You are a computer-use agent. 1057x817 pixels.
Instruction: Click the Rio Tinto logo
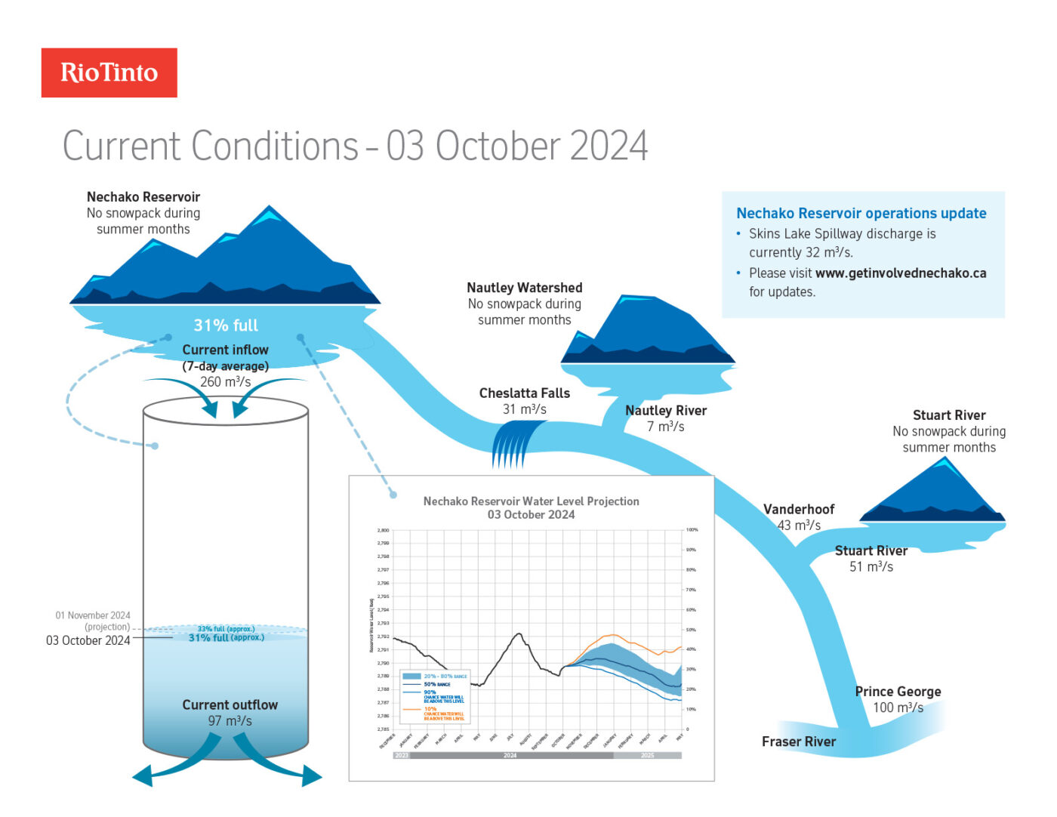(109, 72)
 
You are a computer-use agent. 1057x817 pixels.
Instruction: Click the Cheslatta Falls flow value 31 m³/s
(524, 409)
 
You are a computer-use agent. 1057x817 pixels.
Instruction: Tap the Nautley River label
(666, 411)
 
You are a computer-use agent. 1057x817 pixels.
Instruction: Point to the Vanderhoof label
(799, 510)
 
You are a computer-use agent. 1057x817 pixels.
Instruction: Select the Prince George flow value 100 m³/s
(898, 708)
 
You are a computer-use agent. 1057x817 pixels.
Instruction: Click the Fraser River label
(798, 741)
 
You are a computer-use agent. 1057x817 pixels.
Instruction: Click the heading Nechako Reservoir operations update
(861, 214)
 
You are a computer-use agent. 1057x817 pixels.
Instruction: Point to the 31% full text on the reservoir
(226, 325)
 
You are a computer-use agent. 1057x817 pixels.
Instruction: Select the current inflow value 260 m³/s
(225, 382)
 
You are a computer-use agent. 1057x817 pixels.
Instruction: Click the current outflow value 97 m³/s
(230, 721)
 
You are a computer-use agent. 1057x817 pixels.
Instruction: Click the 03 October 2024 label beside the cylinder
(88, 641)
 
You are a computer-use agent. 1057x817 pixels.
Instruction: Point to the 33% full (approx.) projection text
(226, 628)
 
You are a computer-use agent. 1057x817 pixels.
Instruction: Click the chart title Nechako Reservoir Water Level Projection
(531, 501)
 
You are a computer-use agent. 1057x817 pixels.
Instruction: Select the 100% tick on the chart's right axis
(692, 530)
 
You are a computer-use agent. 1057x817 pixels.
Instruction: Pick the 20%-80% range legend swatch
(411, 677)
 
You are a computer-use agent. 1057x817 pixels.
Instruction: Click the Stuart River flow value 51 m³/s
(871, 567)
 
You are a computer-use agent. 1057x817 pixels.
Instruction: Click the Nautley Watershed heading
(524, 288)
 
